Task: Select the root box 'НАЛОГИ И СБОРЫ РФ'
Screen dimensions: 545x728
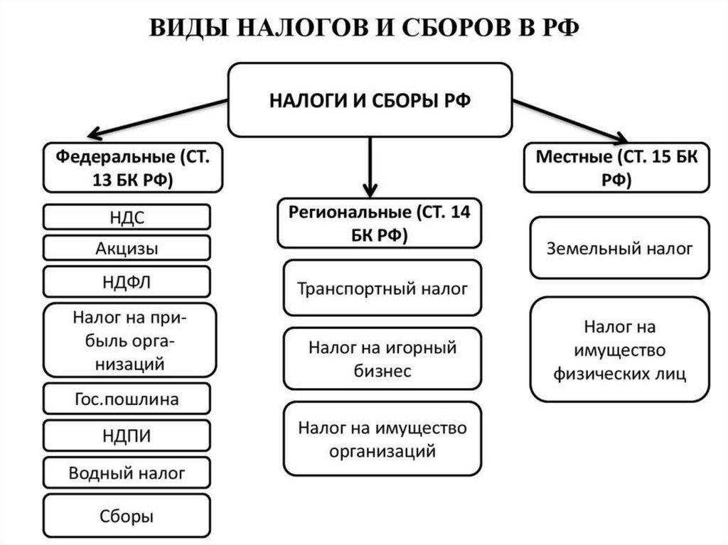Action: (x=370, y=99)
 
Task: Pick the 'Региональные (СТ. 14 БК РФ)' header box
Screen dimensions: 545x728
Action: (x=378, y=223)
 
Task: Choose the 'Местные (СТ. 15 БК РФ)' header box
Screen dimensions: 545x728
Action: (x=617, y=167)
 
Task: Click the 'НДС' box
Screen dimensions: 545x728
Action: (x=127, y=217)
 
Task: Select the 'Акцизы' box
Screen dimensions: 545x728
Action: (x=127, y=249)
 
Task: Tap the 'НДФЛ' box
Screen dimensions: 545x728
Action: (x=127, y=281)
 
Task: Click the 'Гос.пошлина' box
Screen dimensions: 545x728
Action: (x=127, y=399)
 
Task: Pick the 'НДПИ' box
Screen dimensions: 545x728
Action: (x=127, y=436)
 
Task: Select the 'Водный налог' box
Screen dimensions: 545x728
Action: (x=127, y=473)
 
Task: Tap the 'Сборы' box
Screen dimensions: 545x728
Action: (x=127, y=516)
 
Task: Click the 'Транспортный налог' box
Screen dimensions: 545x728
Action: (x=382, y=288)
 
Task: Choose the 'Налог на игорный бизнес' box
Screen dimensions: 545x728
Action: (x=382, y=359)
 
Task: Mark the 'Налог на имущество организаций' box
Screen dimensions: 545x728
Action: (x=382, y=438)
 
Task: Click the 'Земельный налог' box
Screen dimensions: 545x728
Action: (x=619, y=248)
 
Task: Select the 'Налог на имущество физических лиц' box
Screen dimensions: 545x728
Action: (x=619, y=350)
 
